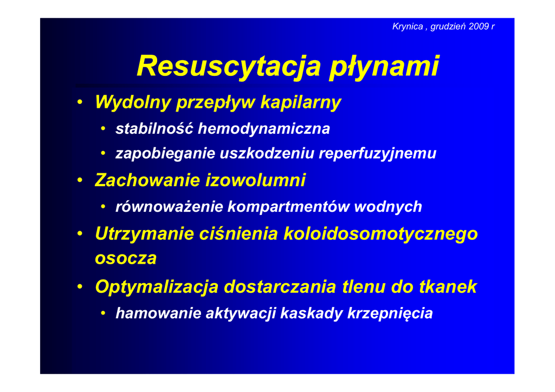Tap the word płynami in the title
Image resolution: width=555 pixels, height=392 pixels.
click(x=384, y=67)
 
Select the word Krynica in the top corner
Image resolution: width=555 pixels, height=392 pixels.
click(x=408, y=27)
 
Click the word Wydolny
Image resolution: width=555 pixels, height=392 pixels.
click(x=133, y=102)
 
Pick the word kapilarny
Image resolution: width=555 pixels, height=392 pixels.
click(x=301, y=102)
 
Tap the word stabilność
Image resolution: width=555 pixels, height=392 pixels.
click(x=154, y=128)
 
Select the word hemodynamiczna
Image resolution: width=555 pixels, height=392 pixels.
click(x=264, y=128)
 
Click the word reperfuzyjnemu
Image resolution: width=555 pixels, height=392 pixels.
click(x=378, y=153)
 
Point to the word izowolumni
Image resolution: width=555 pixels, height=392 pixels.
click(x=256, y=180)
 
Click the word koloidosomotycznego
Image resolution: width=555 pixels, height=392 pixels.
click(x=380, y=234)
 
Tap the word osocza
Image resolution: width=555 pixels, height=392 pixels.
click(x=126, y=258)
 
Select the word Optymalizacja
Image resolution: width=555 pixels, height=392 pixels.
click(x=157, y=286)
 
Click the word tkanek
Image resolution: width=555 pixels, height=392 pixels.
click(x=448, y=286)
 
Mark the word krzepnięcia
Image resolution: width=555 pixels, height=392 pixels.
click(x=390, y=313)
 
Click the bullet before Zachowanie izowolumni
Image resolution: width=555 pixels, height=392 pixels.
click(x=80, y=180)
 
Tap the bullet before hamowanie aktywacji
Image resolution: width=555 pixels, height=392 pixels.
click(x=103, y=313)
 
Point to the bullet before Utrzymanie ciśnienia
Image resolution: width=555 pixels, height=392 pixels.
click(x=80, y=234)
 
